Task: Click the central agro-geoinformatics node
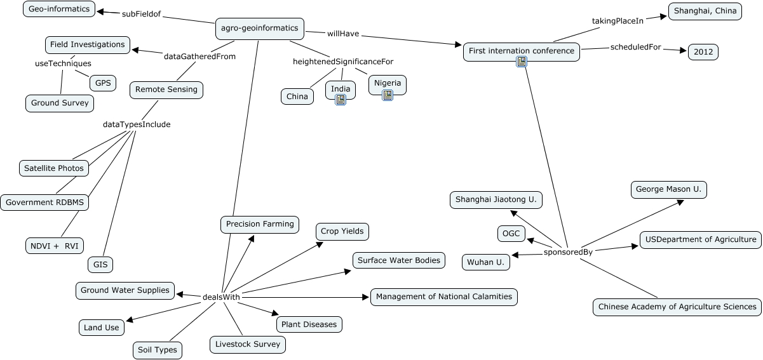tap(260, 28)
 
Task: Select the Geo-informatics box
tap(59, 9)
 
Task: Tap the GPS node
tap(102, 83)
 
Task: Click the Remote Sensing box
tap(166, 90)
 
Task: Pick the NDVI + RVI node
tap(55, 246)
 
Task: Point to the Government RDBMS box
tap(44, 203)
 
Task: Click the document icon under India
tap(341, 100)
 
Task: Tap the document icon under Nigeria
tap(388, 95)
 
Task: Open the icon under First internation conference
tap(522, 62)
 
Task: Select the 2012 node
tap(703, 52)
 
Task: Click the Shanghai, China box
tap(705, 11)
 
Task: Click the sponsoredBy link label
tap(568, 252)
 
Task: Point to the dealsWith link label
tap(221, 297)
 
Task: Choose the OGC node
tap(511, 234)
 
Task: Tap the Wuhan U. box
tap(486, 262)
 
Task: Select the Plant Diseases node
tap(309, 324)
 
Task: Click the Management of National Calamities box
tap(443, 297)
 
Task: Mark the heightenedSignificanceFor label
tap(343, 62)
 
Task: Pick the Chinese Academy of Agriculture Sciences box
tap(677, 307)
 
